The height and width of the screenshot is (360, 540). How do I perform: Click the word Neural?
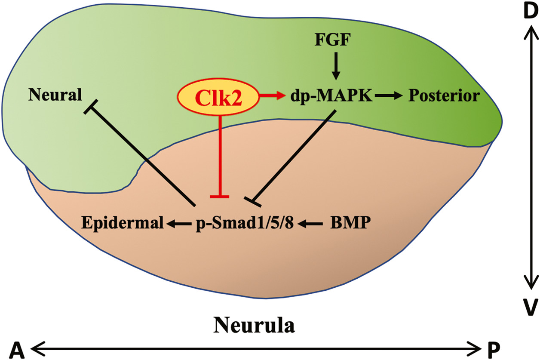[55, 95]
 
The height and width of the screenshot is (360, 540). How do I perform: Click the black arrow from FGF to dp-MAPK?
[335, 68]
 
